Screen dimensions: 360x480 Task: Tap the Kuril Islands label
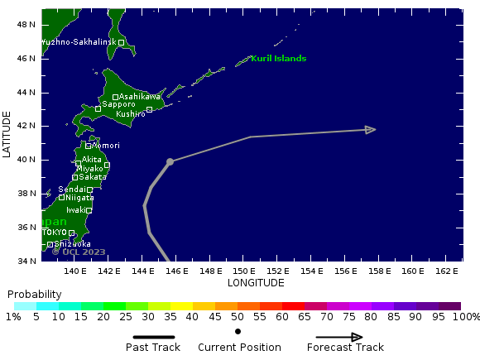[x=278, y=59]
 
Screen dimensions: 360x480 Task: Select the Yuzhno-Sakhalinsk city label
[x=79, y=42]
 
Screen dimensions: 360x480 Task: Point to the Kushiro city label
[x=131, y=113]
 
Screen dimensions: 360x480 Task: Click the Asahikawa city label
[x=140, y=97]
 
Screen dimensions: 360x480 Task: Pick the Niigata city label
[x=79, y=198]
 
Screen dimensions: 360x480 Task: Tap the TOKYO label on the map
[x=54, y=233]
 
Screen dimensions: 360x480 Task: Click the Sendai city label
[x=71, y=190]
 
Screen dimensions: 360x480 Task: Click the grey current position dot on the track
[x=170, y=161]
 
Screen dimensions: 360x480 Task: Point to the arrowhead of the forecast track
[x=371, y=129]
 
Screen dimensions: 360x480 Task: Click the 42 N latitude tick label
[x=26, y=126]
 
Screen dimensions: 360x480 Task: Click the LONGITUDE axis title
[x=256, y=283]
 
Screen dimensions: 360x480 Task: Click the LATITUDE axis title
[x=7, y=134]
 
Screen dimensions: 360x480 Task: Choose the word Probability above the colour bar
[x=34, y=295]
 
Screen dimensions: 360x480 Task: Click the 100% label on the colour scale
[x=466, y=317]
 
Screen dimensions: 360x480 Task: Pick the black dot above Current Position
[x=238, y=331]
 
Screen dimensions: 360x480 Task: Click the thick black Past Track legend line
[x=154, y=337]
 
